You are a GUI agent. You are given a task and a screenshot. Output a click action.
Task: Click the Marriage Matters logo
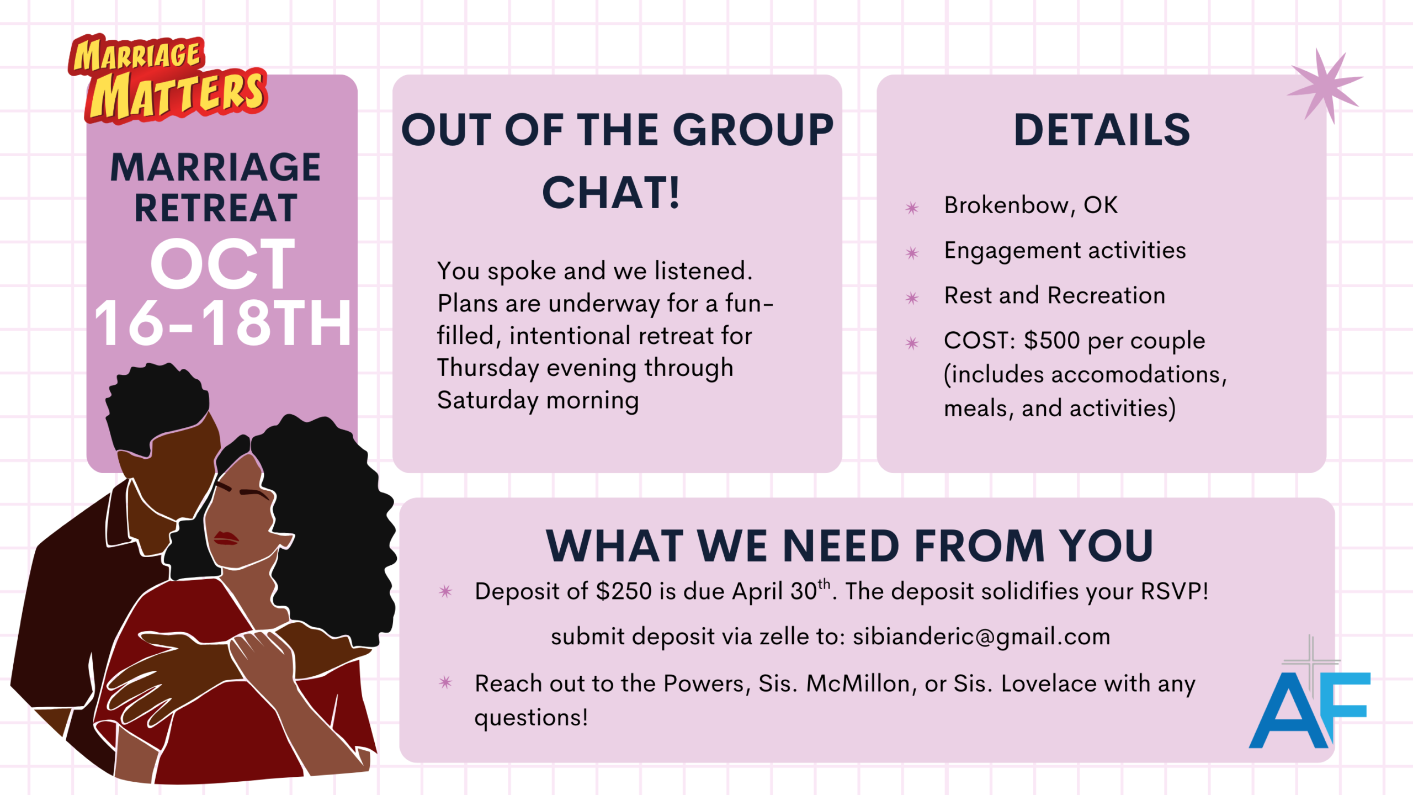click(x=168, y=79)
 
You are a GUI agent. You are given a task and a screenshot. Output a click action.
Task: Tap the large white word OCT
click(x=222, y=264)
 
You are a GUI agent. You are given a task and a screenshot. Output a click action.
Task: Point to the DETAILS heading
click(x=1102, y=130)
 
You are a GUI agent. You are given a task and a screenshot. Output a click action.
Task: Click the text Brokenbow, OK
click(x=1030, y=205)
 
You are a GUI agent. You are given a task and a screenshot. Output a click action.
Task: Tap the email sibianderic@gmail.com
click(x=981, y=637)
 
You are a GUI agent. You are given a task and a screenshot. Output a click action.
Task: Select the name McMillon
click(x=858, y=683)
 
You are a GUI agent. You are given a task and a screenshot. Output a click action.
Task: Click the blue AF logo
click(x=1309, y=710)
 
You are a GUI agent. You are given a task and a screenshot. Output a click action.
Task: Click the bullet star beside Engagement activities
click(x=912, y=253)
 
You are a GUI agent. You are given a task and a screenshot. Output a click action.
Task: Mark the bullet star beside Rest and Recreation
click(x=912, y=298)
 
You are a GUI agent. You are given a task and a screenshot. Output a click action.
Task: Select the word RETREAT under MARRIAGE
click(x=216, y=208)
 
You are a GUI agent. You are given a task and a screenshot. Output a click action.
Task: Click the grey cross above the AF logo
click(x=1310, y=660)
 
